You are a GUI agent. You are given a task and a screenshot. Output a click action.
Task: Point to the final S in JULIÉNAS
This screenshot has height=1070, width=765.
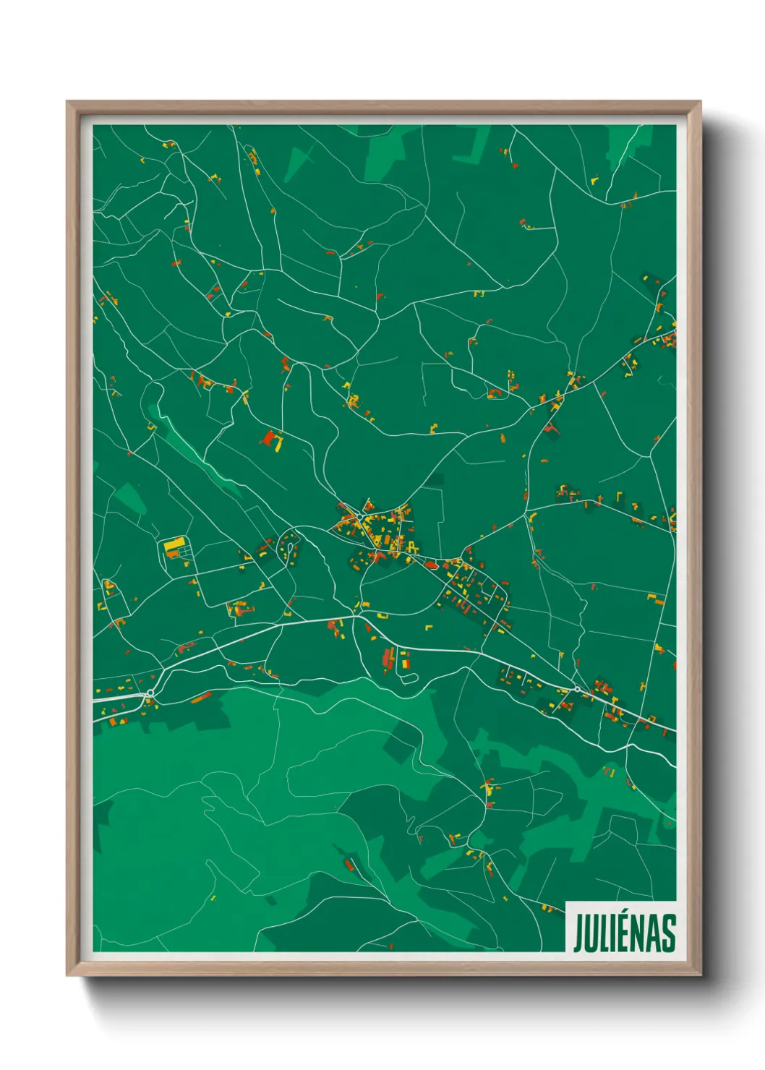coord(669,933)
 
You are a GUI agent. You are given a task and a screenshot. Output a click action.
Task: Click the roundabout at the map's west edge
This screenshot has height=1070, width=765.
coord(150,693)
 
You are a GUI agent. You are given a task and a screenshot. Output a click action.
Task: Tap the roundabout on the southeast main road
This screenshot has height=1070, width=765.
coord(577,689)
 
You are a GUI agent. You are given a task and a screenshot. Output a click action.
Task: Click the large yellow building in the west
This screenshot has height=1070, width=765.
coord(174,546)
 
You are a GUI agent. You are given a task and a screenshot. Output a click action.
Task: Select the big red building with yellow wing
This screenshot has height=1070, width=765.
coord(273,440)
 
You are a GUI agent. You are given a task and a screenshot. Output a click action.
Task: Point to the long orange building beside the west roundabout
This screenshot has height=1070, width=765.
coord(201,697)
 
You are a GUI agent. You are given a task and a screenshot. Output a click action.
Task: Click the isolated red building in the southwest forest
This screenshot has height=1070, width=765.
coord(349,864)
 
